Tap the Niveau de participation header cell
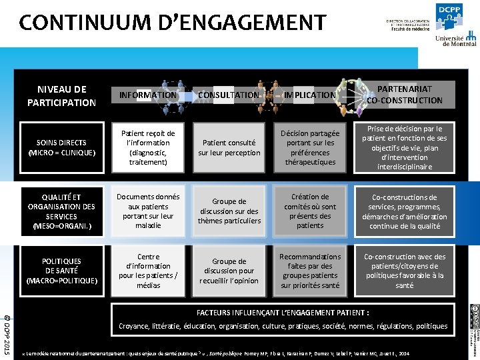(62, 95)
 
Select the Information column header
(147, 95)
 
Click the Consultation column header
(229, 95)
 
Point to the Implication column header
(310, 95)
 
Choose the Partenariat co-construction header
(404, 95)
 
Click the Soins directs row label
(62, 147)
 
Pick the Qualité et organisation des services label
(62, 211)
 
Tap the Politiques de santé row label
(62, 271)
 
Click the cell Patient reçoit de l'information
(148, 147)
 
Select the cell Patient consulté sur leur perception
(229, 147)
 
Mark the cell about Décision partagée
(310, 147)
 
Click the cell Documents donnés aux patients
(148, 211)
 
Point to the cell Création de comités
(310, 211)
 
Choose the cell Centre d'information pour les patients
(148, 271)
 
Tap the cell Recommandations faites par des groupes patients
(310, 271)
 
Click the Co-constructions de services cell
(404, 211)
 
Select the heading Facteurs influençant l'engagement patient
(283, 313)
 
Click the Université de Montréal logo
(455, 40)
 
